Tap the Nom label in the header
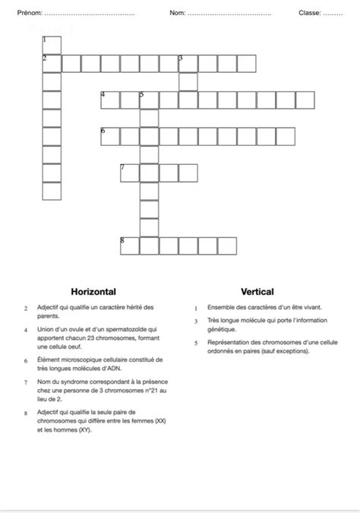[x=177, y=13]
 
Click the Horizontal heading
[x=93, y=291]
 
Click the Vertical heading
[x=257, y=291]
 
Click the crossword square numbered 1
[x=51, y=43]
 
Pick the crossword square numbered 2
[x=51, y=62]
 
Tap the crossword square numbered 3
[x=188, y=62]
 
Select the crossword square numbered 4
[x=110, y=100]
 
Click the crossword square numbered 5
[x=149, y=100]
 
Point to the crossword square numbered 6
[x=110, y=136]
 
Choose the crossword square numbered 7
[x=130, y=173]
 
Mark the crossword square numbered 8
[x=130, y=245]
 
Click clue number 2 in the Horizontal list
[x=26, y=308]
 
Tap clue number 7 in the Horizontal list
[x=26, y=382]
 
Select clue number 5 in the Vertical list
[x=196, y=343]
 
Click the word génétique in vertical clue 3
[x=222, y=329]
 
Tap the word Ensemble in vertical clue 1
[x=221, y=307]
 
